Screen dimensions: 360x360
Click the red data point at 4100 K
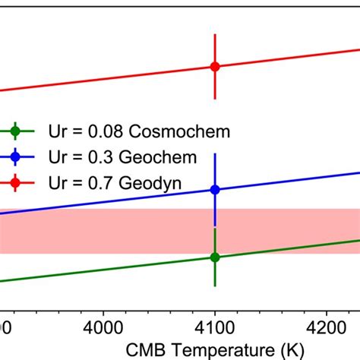215,67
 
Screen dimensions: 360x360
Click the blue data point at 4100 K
215,190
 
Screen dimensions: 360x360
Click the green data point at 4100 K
215,257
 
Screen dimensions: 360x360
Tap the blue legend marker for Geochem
16,157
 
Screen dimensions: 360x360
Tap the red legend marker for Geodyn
16,182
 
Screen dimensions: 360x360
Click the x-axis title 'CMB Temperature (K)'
215,349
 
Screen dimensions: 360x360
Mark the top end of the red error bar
215,34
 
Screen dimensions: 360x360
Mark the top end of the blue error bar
215,154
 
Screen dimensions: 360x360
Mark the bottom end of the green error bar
215,286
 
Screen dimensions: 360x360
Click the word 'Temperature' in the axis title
216,349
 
